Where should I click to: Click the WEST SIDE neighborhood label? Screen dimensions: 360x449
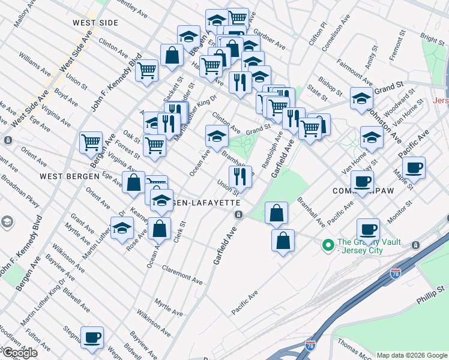tap(95, 22)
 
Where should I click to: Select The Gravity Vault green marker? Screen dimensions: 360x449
tap(328, 245)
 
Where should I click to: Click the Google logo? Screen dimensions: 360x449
tap(20, 353)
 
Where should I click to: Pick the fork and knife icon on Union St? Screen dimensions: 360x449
tap(239, 175)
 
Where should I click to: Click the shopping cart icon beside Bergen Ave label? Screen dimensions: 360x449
tap(91, 142)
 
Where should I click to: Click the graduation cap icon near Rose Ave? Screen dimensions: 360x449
tap(122, 228)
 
